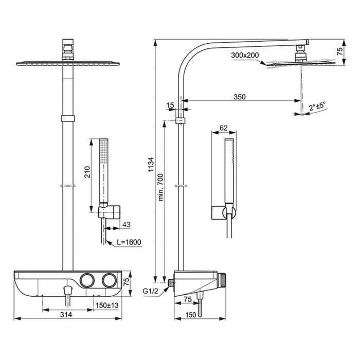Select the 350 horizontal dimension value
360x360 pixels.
240,96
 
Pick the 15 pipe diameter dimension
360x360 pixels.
171,105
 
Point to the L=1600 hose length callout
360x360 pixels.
128,242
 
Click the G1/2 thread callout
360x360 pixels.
151,291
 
